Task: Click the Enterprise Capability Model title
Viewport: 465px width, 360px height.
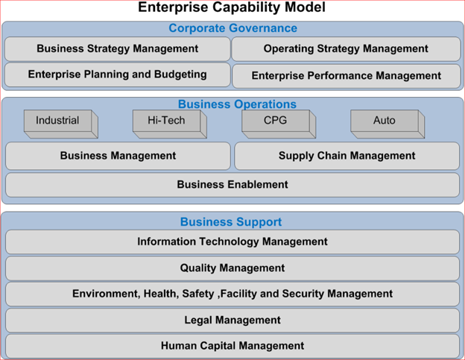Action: tap(232, 7)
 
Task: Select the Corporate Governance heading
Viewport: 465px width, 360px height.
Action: tap(232, 28)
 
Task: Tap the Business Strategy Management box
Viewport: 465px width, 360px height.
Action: tap(118, 49)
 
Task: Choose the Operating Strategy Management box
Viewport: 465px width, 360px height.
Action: tap(346, 49)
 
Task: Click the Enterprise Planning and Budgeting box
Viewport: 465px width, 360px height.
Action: tap(118, 75)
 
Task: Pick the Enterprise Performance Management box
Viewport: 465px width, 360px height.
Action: tap(347, 76)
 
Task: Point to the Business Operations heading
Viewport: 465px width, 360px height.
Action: tap(237, 104)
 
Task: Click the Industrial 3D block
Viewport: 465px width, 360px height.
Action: tap(61, 124)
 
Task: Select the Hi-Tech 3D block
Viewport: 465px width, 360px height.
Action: tap(170, 124)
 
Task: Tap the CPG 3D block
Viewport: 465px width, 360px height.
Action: tap(279, 124)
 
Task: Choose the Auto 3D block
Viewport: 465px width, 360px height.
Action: tap(387, 124)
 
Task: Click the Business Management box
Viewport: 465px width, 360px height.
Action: tap(118, 156)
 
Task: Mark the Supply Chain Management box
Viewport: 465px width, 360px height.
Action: tap(347, 156)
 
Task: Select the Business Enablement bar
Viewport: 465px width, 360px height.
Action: tap(232, 185)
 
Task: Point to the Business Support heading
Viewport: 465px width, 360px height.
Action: tap(231, 222)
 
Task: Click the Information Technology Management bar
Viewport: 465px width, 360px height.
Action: tap(232, 241)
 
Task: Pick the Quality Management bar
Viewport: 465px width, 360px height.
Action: tap(232, 268)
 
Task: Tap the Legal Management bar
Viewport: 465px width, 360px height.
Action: tap(232, 320)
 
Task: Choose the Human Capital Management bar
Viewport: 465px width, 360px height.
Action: tap(232, 346)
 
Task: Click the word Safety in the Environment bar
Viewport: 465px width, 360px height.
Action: tap(198, 294)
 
